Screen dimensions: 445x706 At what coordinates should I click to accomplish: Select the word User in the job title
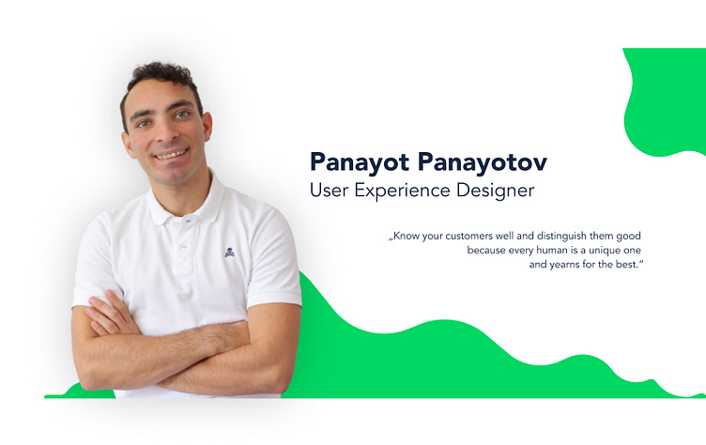pyautogui.click(x=329, y=191)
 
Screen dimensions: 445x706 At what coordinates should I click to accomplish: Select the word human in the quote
pyautogui.click(x=551, y=251)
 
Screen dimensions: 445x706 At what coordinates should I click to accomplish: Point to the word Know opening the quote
pyautogui.click(x=407, y=236)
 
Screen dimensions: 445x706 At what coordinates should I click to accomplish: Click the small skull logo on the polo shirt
pyautogui.click(x=230, y=252)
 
